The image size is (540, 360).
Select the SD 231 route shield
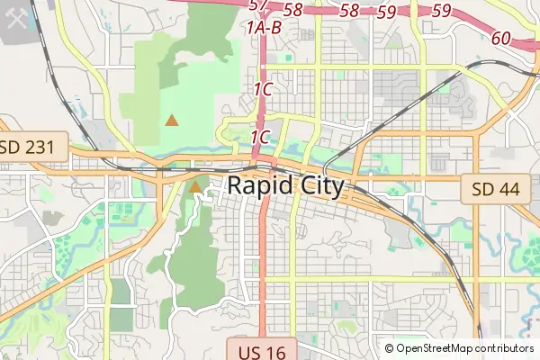[x=33, y=146]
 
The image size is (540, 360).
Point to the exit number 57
[x=259, y=5]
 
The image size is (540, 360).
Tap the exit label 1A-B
[x=263, y=28]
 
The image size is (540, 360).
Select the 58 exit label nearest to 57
[x=292, y=9]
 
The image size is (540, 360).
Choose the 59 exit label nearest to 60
[x=441, y=11]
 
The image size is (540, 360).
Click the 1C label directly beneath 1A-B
[x=263, y=89]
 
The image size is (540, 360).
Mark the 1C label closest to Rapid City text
[x=261, y=137]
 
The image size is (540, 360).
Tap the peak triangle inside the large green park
[x=172, y=119]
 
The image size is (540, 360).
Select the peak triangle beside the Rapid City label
[x=195, y=187]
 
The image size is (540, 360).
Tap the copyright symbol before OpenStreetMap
[x=390, y=348]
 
